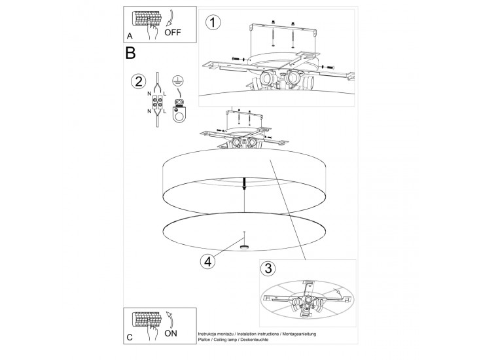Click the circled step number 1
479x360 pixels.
tap(213, 22)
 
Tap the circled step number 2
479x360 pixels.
tap(138, 82)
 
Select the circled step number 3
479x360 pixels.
tap(268, 268)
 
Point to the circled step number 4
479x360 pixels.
tap(207, 262)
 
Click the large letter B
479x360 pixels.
tap(130, 53)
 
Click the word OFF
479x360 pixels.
tap(173, 32)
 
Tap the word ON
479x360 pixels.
tap(171, 333)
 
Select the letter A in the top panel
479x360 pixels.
tap(130, 36)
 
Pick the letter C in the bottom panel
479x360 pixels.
tap(130, 337)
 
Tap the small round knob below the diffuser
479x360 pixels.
tap(244, 247)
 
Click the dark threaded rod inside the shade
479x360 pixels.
tap(244, 183)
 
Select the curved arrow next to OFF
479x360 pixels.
tap(171, 18)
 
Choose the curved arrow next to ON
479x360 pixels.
tap(169, 319)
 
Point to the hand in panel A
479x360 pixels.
tap(152, 31)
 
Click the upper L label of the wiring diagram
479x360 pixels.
tap(165, 94)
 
